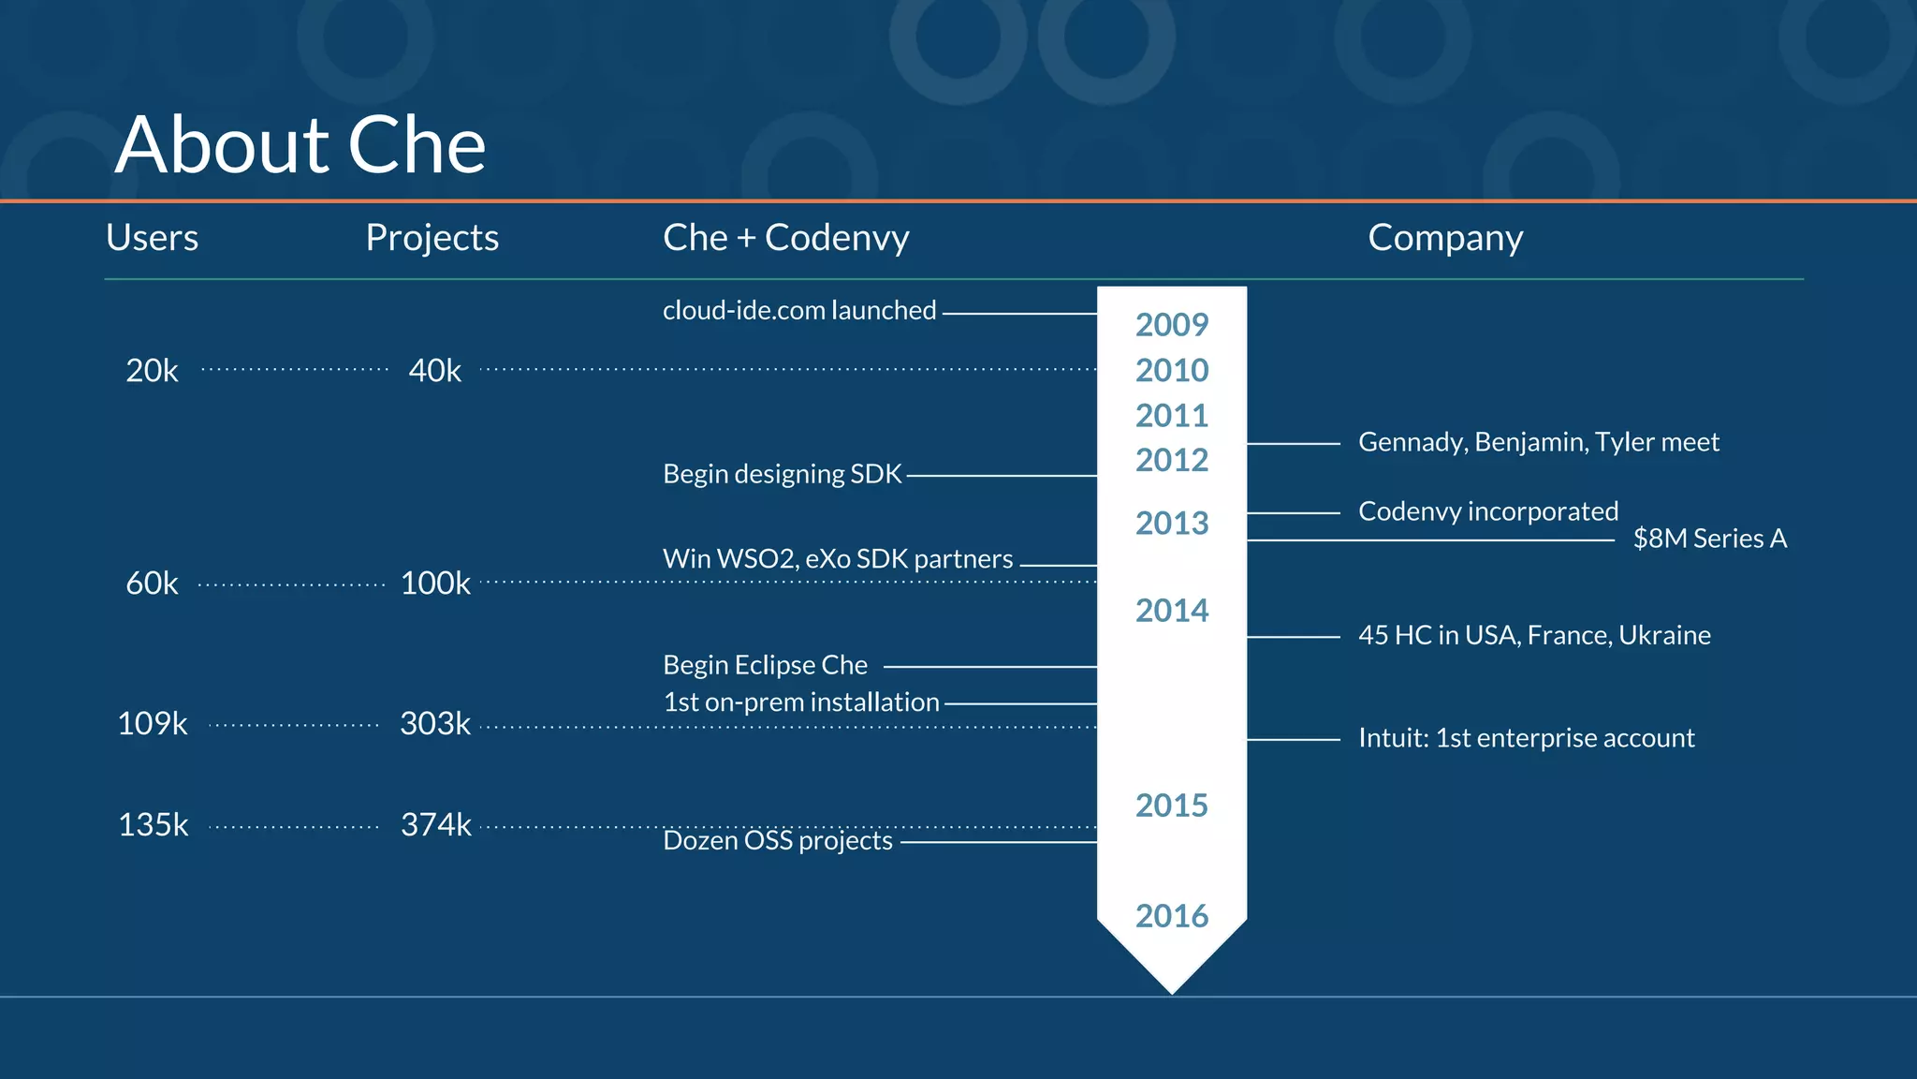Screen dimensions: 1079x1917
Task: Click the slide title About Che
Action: pyautogui.click(x=300, y=145)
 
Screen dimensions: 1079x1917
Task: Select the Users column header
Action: pyautogui.click(x=152, y=238)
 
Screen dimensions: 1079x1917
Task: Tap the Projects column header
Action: pyautogui.click(x=432, y=238)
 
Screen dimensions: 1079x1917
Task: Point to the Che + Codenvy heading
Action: pyautogui.click(x=785, y=238)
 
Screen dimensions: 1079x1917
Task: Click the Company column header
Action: pyautogui.click(x=1444, y=238)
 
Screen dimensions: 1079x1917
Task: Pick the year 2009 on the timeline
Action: pyautogui.click(x=1171, y=325)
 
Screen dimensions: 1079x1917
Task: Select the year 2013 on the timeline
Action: pyautogui.click(x=1171, y=523)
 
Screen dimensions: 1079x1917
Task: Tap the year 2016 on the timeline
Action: pyautogui.click(x=1171, y=915)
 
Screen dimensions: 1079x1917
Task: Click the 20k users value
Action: pyautogui.click(x=152, y=371)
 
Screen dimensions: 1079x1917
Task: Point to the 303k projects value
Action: pyautogui.click(x=435, y=723)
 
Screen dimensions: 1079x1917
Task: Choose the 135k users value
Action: pyautogui.click(x=153, y=824)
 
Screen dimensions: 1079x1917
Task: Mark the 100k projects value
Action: pyautogui.click(x=435, y=583)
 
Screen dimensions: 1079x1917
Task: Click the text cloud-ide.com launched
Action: pyautogui.click(x=798, y=310)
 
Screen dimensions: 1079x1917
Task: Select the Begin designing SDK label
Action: pyautogui.click(x=782, y=474)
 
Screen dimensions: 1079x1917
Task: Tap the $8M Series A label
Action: pyautogui.click(x=1709, y=539)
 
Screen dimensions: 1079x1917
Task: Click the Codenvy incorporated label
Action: pyautogui.click(x=1487, y=511)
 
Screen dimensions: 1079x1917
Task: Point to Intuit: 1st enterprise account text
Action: pyautogui.click(x=1526, y=738)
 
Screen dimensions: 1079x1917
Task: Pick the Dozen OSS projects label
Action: pyautogui.click(x=777, y=840)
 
